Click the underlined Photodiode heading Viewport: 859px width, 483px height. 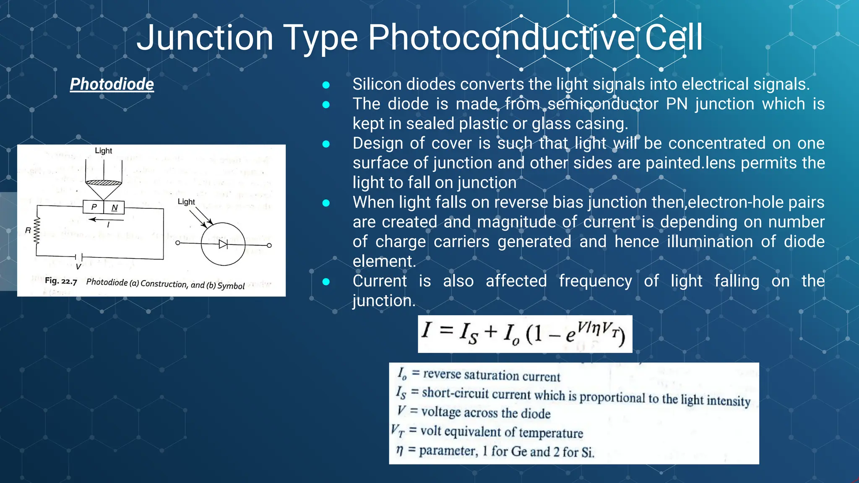click(112, 84)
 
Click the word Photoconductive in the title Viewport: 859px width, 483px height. click(502, 38)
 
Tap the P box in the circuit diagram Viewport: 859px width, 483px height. click(94, 207)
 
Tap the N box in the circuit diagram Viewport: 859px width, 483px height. click(114, 208)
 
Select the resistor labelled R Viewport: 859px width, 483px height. click(37, 230)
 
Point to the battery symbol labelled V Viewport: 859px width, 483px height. click(78, 257)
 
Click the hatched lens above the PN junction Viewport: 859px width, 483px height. click(104, 182)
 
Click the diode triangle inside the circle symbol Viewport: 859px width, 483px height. click(223, 244)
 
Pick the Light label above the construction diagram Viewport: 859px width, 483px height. click(103, 151)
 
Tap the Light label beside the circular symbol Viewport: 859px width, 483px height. click(186, 202)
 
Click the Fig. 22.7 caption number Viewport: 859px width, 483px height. click(61, 281)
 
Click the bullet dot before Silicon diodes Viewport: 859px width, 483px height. click(326, 85)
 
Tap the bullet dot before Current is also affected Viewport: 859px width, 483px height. click(326, 282)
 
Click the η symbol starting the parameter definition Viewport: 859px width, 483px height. click(400, 450)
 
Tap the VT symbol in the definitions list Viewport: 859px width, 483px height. click(397, 431)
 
